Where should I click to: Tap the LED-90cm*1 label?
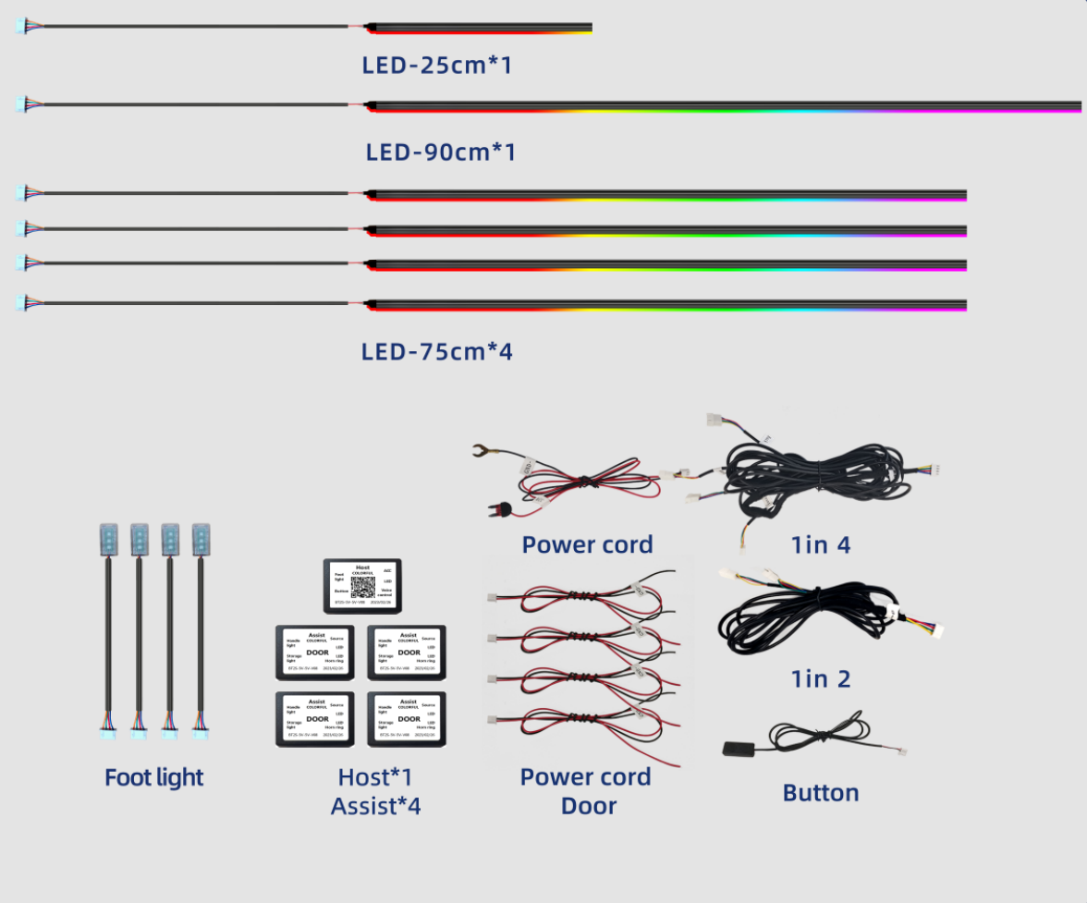(x=440, y=151)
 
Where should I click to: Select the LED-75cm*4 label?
(x=436, y=351)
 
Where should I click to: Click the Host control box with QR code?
(x=363, y=585)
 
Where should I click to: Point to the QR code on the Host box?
(x=362, y=588)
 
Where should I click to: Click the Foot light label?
(x=153, y=777)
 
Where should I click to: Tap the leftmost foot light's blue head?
(x=108, y=540)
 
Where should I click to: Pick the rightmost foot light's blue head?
(x=202, y=540)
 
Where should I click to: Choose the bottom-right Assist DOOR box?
(x=408, y=717)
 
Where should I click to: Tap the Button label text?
(x=820, y=793)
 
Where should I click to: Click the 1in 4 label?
(x=820, y=544)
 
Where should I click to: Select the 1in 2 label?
(x=820, y=679)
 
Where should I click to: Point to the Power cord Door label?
(x=586, y=790)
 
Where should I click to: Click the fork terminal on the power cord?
(x=480, y=452)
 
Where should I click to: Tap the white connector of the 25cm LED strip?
(x=23, y=27)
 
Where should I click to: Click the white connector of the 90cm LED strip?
(x=23, y=104)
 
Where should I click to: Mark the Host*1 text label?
(x=375, y=777)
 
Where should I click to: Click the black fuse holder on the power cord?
(x=502, y=509)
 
